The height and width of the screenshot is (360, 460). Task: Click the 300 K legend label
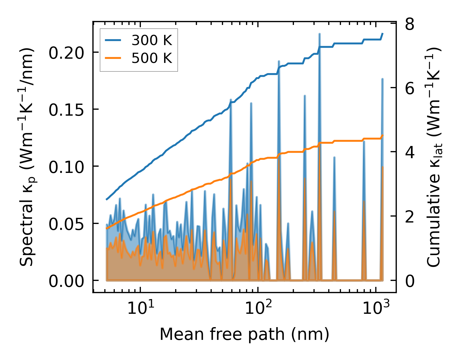tap(152, 41)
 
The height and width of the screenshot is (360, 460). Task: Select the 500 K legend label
tap(152, 58)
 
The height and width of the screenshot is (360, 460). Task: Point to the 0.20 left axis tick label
tap(66, 53)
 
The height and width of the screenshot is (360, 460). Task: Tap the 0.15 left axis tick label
tap(66, 110)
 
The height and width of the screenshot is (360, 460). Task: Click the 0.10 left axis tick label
tap(66, 167)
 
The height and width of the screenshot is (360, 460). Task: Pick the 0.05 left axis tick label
tap(66, 224)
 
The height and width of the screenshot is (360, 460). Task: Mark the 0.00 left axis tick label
tap(66, 281)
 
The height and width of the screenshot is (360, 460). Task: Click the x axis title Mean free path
tap(244, 334)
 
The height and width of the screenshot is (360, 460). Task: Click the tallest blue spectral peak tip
tap(319, 34)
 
